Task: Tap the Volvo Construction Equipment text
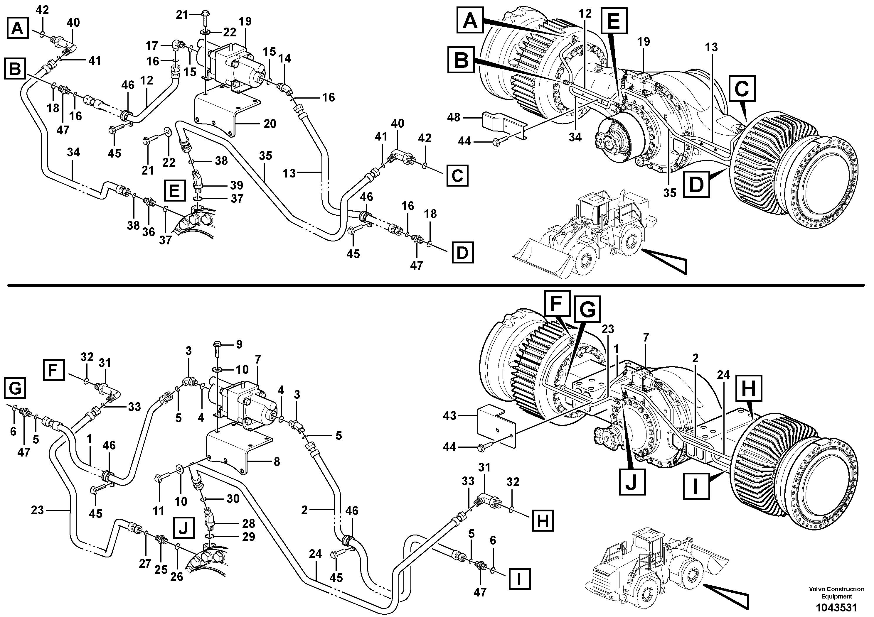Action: tap(836, 593)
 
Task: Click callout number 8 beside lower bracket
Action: tap(277, 462)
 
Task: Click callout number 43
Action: tap(449, 416)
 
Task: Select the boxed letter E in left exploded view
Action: tap(175, 190)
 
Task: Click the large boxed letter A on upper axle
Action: tap(471, 21)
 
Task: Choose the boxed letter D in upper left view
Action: tap(462, 253)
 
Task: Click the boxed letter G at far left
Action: tap(15, 389)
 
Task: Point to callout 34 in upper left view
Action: tap(73, 153)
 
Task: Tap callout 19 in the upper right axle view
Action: tap(644, 41)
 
